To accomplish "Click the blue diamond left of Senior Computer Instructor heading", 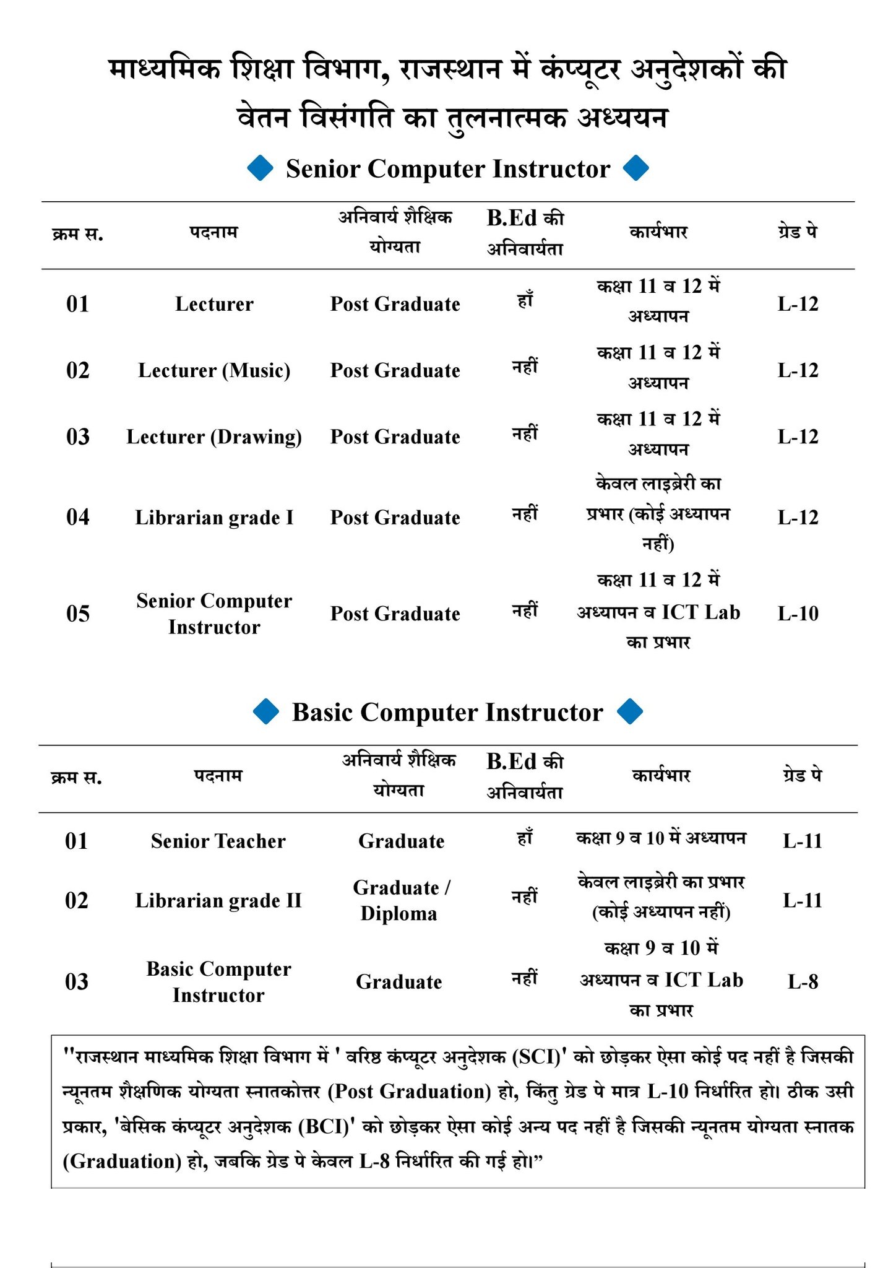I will [x=261, y=168].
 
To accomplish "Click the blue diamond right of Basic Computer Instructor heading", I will [x=631, y=711].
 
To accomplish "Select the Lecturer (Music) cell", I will [x=214, y=370].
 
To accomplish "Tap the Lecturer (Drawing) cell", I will [x=214, y=436].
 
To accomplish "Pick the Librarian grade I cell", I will [x=214, y=517].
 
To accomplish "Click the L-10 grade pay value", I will [x=798, y=614].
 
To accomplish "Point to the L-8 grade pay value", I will [x=803, y=981].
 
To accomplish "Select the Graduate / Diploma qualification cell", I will [x=401, y=900].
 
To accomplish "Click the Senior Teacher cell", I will [x=218, y=841].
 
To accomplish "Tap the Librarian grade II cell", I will [x=218, y=900].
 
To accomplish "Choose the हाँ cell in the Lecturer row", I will [x=525, y=302].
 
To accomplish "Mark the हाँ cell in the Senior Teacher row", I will [x=525, y=839].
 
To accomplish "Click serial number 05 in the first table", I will [x=78, y=614].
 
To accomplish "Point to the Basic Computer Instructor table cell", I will [x=218, y=981].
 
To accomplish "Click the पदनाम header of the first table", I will [x=213, y=233].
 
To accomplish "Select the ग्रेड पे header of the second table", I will [x=802, y=775].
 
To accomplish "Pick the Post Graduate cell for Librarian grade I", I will [x=395, y=517].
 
